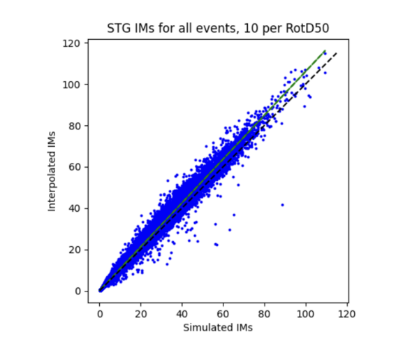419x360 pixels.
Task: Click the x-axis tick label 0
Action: pyautogui.click(x=100, y=313)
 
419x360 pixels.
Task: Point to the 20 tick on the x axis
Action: pyautogui.click(x=141, y=313)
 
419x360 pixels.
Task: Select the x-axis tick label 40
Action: pyautogui.click(x=182, y=313)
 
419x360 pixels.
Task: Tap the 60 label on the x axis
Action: pyautogui.click(x=223, y=313)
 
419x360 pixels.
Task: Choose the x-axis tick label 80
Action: pyautogui.click(x=265, y=313)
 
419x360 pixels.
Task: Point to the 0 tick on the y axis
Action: pyautogui.click(x=79, y=291)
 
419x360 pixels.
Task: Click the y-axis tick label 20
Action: pyautogui.click(x=76, y=250)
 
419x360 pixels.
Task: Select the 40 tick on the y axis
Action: pyautogui.click(x=76, y=208)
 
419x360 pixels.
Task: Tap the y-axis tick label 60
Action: pyautogui.click(x=76, y=167)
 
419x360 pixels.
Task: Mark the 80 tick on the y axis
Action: pyautogui.click(x=76, y=126)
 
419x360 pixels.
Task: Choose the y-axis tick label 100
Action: pyautogui.click(x=74, y=85)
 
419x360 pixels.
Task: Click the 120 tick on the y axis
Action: pyautogui.click(x=74, y=43)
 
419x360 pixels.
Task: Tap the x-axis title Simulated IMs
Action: pyautogui.click(x=217, y=327)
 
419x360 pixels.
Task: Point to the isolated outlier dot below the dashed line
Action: pyautogui.click(x=282, y=205)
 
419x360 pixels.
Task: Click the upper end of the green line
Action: pyautogui.click(x=325, y=51)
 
